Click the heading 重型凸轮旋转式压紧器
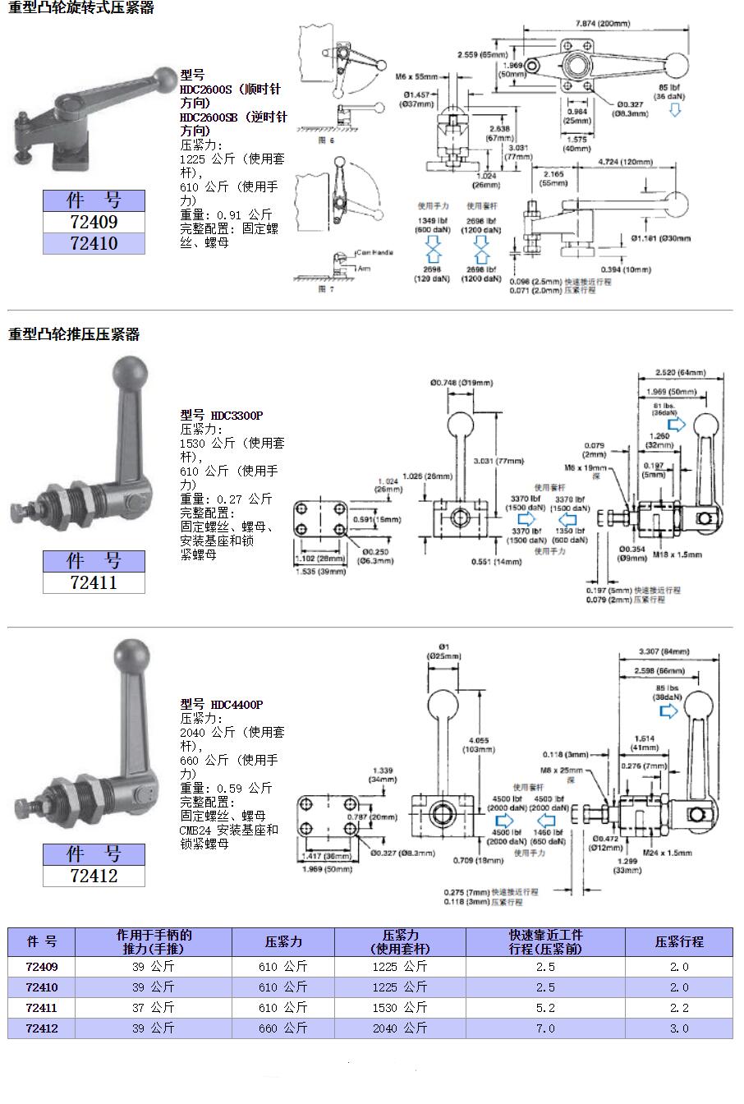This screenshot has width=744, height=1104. coord(81,8)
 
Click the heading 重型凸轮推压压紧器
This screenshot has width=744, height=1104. coord(74,334)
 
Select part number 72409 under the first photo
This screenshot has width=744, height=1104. coord(94,222)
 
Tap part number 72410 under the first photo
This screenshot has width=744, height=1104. coord(94,243)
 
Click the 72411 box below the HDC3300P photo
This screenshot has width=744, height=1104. coord(94,582)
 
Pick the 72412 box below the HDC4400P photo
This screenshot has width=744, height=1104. coord(94,876)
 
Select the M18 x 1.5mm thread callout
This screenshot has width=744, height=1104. coord(678,554)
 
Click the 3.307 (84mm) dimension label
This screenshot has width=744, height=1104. coord(664,651)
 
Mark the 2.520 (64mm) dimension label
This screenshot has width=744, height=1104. coord(681,372)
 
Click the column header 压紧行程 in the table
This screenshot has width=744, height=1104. coord(678,941)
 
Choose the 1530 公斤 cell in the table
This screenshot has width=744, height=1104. coord(400,1007)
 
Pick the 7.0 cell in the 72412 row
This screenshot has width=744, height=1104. coord(545,1028)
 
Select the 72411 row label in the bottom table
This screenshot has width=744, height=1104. coord(42,1007)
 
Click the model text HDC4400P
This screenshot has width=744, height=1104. coord(237,704)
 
